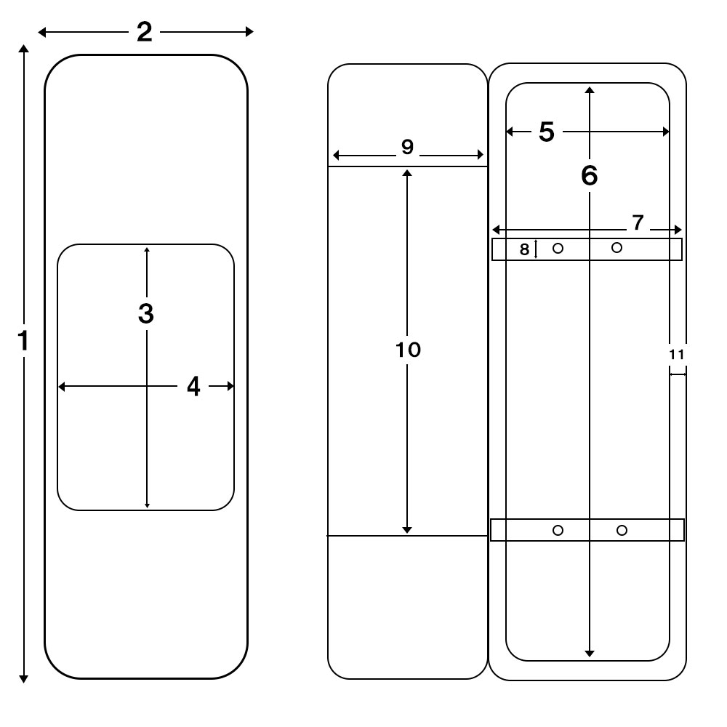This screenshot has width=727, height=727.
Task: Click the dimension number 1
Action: pyautogui.click(x=23, y=340)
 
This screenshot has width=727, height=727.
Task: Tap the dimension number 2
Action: pyautogui.click(x=145, y=32)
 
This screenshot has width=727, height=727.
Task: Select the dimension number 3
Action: pyautogui.click(x=146, y=313)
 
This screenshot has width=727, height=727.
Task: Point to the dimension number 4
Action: pyautogui.click(x=193, y=387)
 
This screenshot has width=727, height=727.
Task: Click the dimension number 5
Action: pyautogui.click(x=546, y=132)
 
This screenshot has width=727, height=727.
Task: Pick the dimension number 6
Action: pyautogui.click(x=590, y=175)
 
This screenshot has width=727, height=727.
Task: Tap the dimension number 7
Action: pyautogui.click(x=638, y=223)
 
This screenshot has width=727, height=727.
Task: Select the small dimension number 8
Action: pyautogui.click(x=525, y=250)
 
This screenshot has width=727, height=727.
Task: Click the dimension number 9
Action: pyautogui.click(x=407, y=147)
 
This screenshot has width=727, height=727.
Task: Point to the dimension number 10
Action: pyautogui.click(x=409, y=350)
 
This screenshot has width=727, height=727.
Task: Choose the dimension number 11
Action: pyautogui.click(x=677, y=354)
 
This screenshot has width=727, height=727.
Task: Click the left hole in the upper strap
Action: pyautogui.click(x=558, y=249)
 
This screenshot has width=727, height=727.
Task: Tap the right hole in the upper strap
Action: pyautogui.click(x=617, y=247)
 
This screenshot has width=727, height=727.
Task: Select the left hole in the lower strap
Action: pyautogui.click(x=558, y=530)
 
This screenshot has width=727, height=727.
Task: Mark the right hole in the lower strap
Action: pyautogui.click(x=622, y=530)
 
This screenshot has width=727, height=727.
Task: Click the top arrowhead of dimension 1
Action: pyautogui.click(x=23, y=48)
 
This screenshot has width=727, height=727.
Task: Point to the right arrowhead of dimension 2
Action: pyautogui.click(x=250, y=31)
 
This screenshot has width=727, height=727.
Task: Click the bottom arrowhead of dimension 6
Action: pyautogui.click(x=590, y=654)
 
